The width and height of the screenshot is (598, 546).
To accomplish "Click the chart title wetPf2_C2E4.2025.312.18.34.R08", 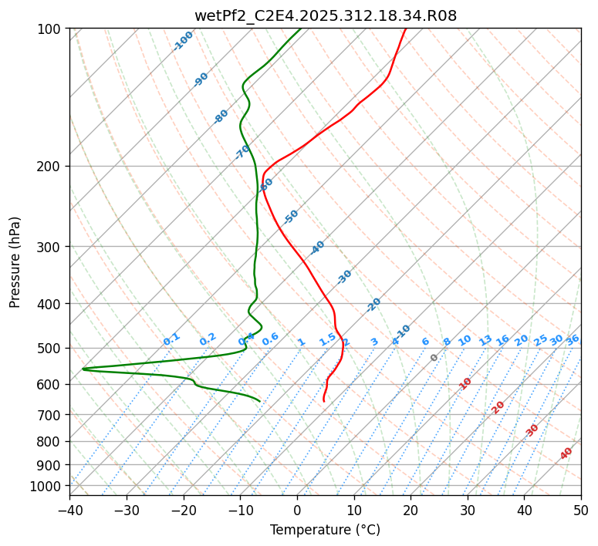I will click(x=326, y=15).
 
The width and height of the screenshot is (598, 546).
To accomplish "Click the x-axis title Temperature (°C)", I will click(x=326, y=530).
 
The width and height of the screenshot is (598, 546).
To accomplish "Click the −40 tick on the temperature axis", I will click(x=69, y=510).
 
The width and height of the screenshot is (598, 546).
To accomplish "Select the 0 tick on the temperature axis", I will click(x=297, y=510).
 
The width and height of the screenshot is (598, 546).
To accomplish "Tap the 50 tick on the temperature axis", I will click(x=581, y=510).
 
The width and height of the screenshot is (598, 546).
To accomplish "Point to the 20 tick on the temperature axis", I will click(x=410, y=510).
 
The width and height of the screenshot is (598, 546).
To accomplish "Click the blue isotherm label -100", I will click(x=184, y=40).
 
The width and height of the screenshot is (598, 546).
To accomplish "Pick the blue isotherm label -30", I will click(x=344, y=277).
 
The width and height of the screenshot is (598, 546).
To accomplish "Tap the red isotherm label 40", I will click(x=566, y=453).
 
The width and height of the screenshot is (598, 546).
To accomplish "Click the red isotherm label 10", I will click(x=465, y=383).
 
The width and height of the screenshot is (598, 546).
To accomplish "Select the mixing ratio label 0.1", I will click(x=171, y=339).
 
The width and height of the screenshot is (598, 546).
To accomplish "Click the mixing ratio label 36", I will click(x=573, y=339).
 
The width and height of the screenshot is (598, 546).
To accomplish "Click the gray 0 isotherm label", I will click(x=434, y=358).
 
